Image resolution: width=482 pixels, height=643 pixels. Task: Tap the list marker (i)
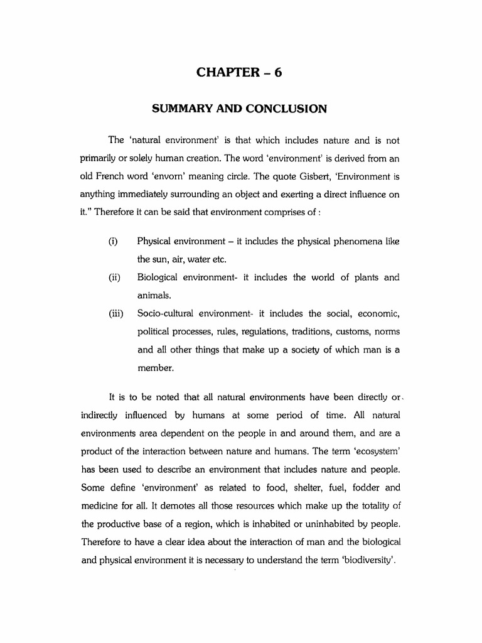pyautogui.click(x=113, y=242)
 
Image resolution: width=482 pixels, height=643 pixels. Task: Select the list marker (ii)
pyautogui.click(x=114, y=278)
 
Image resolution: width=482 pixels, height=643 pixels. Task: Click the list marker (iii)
pyautogui.click(x=115, y=313)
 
